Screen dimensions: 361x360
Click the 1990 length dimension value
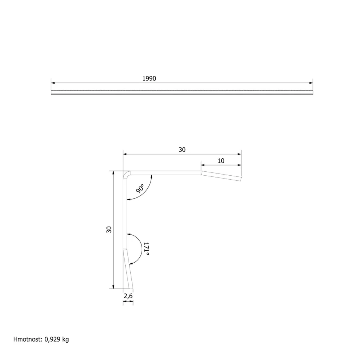[x=149, y=79]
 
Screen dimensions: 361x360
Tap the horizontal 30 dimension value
[x=182, y=150]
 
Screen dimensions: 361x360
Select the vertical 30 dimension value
[x=109, y=229]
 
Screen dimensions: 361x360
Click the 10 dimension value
[x=221, y=161]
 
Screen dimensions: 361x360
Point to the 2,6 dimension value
[x=128, y=296]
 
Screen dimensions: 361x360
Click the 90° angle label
[x=140, y=188]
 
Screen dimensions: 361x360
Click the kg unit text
[x=66, y=340]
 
